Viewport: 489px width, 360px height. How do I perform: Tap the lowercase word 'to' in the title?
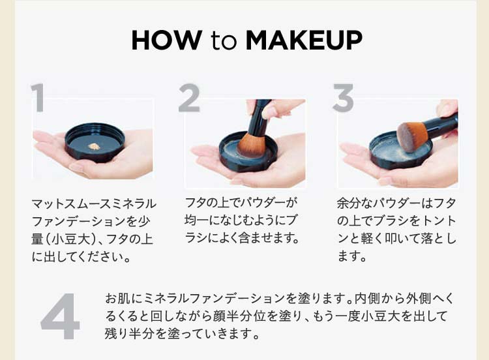point(225,41)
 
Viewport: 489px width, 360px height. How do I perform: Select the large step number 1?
point(38,98)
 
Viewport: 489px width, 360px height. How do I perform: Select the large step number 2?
point(189,98)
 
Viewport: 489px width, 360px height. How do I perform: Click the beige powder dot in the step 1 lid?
point(93,146)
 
